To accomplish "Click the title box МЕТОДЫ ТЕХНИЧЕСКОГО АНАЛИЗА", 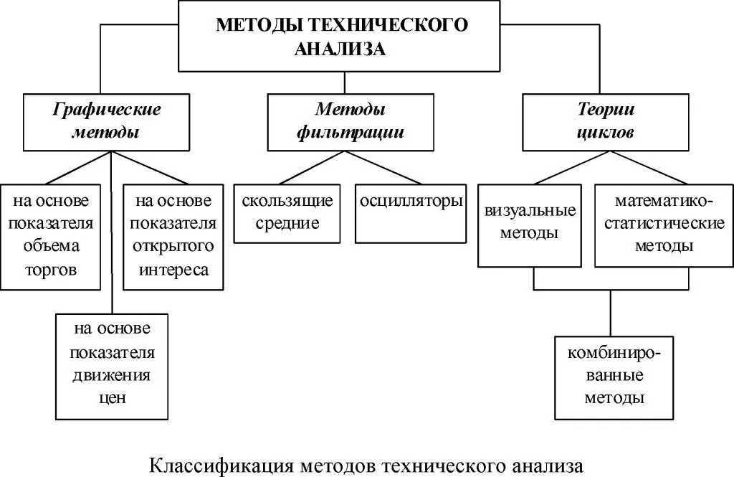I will (x=340, y=36).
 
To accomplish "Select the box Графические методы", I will (x=106, y=121).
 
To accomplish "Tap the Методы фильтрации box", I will (x=350, y=121).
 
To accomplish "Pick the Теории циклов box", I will (x=606, y=121).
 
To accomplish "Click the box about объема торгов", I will (x=49, y=236).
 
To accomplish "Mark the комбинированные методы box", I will (x=613, y=377).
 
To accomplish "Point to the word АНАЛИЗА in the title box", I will (x=340, y=49).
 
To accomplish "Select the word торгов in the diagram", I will (x=49, y=270).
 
